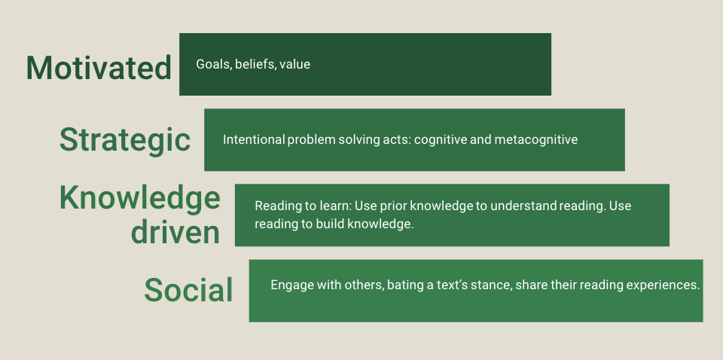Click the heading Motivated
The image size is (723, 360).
[x=99, y=68]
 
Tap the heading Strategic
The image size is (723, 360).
[x=125, y=139]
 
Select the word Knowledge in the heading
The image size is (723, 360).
[x=140, y=199]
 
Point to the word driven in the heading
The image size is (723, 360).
[x=175, y=232]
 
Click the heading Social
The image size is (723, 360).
[x=188, y=290]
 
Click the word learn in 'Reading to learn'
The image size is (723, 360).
[x=339, y=206]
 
